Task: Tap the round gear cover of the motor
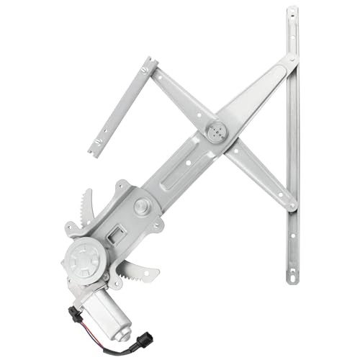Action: (86, 256)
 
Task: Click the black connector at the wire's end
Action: (75, 315)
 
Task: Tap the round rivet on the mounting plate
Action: (141, 206)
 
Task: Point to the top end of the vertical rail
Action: (292, 14)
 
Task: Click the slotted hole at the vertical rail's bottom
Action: (292, 274)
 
